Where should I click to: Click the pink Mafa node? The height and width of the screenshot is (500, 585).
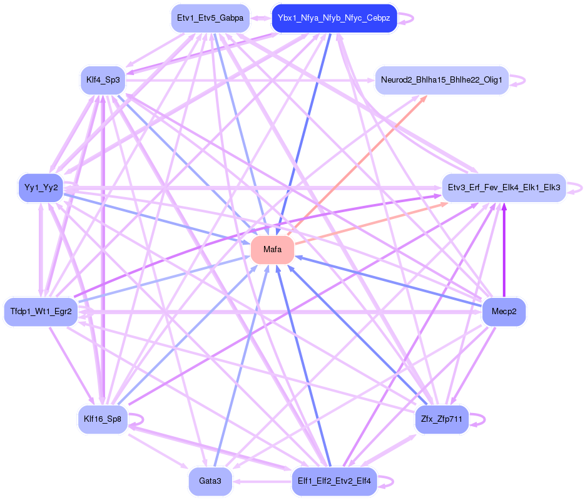[272, 250]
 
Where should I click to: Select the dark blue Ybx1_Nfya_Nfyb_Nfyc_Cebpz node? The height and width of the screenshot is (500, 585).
[334, 19]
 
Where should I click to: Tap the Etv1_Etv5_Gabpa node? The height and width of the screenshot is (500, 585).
[210, 19]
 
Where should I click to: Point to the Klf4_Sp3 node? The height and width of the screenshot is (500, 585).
[103, 80]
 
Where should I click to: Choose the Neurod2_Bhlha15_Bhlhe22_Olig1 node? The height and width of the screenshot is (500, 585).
[442, 81]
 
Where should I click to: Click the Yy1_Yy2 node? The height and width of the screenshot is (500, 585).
[41, 187]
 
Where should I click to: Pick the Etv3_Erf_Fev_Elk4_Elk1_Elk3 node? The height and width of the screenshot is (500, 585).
[504, 187]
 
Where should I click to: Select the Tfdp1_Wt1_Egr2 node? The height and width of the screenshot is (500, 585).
[41, 312]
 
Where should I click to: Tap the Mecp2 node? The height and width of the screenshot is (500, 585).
[504, 312]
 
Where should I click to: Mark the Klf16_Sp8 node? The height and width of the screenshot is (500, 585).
[103, 419]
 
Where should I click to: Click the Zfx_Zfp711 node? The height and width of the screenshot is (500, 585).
[442, 419]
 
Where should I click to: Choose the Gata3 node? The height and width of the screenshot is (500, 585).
[210, 481]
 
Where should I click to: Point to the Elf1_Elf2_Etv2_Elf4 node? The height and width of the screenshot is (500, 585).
[334, 481]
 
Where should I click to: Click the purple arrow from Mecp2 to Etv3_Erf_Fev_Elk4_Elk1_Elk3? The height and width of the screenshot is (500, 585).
[504, 250]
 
